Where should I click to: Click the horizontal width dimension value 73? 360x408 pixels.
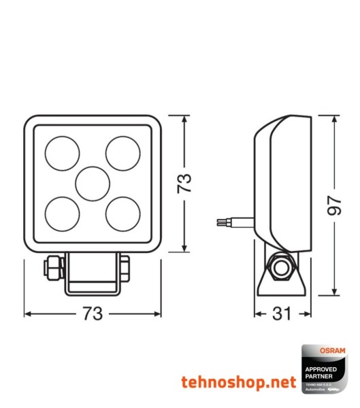coord(93,314)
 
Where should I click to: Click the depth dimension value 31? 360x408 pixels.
coord(282,314)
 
